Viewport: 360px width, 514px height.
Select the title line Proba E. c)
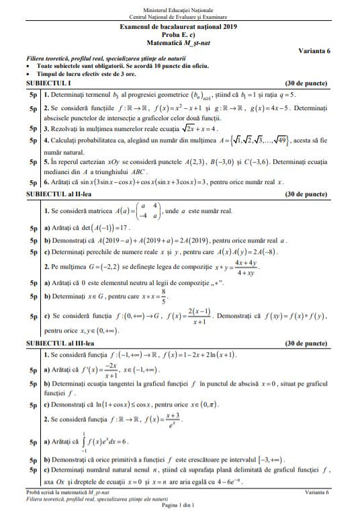[x=178, y=35]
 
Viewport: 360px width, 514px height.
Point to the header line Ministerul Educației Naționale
[x=178, y=7]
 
